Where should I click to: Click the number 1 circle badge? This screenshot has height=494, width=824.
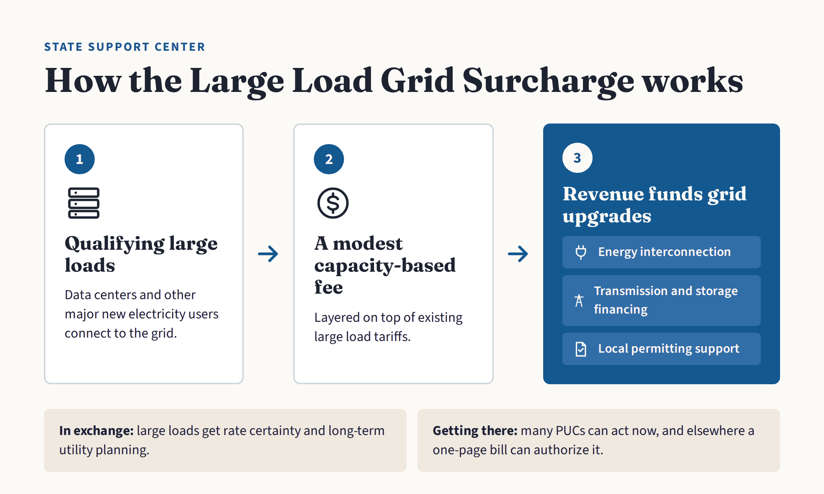tap(80, 159)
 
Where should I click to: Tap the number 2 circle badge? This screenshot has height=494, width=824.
tap(329, 159)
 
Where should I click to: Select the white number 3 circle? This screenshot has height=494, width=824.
tap(577, 158)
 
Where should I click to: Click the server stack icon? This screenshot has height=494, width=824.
tap(84, 203)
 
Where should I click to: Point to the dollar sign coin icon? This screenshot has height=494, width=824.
tap(333, 203)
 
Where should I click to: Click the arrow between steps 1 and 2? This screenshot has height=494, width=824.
tap(268, 254)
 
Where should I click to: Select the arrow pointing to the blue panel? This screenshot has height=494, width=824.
tap(518, 254)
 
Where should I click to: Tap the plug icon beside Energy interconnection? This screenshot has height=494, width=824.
tap(581, 252)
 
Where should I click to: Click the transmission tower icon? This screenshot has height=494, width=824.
tap(579, 301)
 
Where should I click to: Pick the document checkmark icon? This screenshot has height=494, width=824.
tap(581, 349)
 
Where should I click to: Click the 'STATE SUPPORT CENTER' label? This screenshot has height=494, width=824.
tap(125, 47)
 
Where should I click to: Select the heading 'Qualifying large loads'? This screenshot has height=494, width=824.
tap(141, 254)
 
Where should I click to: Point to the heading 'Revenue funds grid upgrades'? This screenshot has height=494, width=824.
tap(654, 205)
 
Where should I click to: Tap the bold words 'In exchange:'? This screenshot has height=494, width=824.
tap(96, 431)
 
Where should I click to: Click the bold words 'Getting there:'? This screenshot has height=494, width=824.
tap(475, 431)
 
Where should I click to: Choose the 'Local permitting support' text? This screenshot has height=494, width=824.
tap(668, 349)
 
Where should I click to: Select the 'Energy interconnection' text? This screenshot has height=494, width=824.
tap(664, 252)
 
